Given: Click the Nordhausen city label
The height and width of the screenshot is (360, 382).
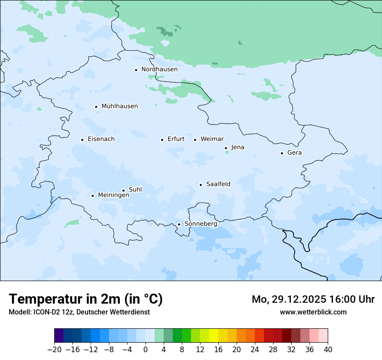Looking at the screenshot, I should (159, 69).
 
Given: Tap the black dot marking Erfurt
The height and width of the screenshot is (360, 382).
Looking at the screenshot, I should (162, 140).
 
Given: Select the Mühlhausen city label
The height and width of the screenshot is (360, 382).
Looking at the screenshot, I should (119, 106).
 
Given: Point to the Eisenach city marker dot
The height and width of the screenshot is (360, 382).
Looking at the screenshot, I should (82, 140).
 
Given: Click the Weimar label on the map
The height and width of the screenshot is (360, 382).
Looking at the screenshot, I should (212, 139).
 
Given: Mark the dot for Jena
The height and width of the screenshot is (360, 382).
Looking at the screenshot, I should (226, 148).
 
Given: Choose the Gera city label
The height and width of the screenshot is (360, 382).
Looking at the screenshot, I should (294, 153).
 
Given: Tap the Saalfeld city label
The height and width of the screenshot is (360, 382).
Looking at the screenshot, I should (218, 184).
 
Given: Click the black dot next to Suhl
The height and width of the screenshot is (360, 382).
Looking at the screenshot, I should (123, 190).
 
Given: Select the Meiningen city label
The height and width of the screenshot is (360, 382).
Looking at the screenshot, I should (113, 195).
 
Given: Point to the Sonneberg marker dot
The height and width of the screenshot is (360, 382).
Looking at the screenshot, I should (179, 224).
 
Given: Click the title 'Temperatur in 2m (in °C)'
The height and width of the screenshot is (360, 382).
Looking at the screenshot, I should (86, 299).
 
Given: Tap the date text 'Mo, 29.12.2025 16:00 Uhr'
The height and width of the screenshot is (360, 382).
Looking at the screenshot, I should (313, 299).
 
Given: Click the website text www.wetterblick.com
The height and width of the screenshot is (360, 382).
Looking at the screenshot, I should (313, 312).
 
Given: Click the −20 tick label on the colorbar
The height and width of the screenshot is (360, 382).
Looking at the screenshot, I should (54, 350).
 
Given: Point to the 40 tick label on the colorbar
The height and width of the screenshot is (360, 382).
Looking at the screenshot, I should (328, 350).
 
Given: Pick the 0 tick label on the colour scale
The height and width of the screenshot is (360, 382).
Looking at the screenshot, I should (145, 350).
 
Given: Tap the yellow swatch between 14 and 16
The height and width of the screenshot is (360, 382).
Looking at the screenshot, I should (214, 336).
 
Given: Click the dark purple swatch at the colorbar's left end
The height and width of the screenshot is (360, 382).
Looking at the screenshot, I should (59, 336).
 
